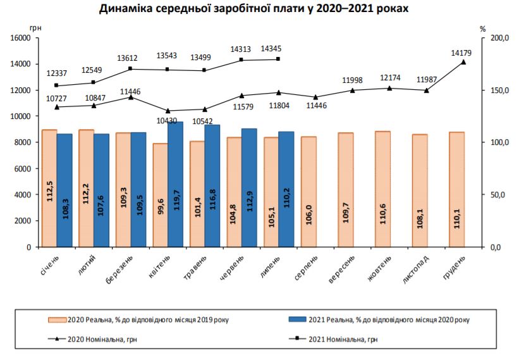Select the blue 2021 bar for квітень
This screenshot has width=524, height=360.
point(175,183)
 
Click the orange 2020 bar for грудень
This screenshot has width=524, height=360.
point(456,189)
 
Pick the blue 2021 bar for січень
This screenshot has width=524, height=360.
point(64,190)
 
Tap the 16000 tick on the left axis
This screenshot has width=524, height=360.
point(21,38)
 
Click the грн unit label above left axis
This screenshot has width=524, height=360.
point(35,28)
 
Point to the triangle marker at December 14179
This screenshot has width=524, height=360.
point(463,62)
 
